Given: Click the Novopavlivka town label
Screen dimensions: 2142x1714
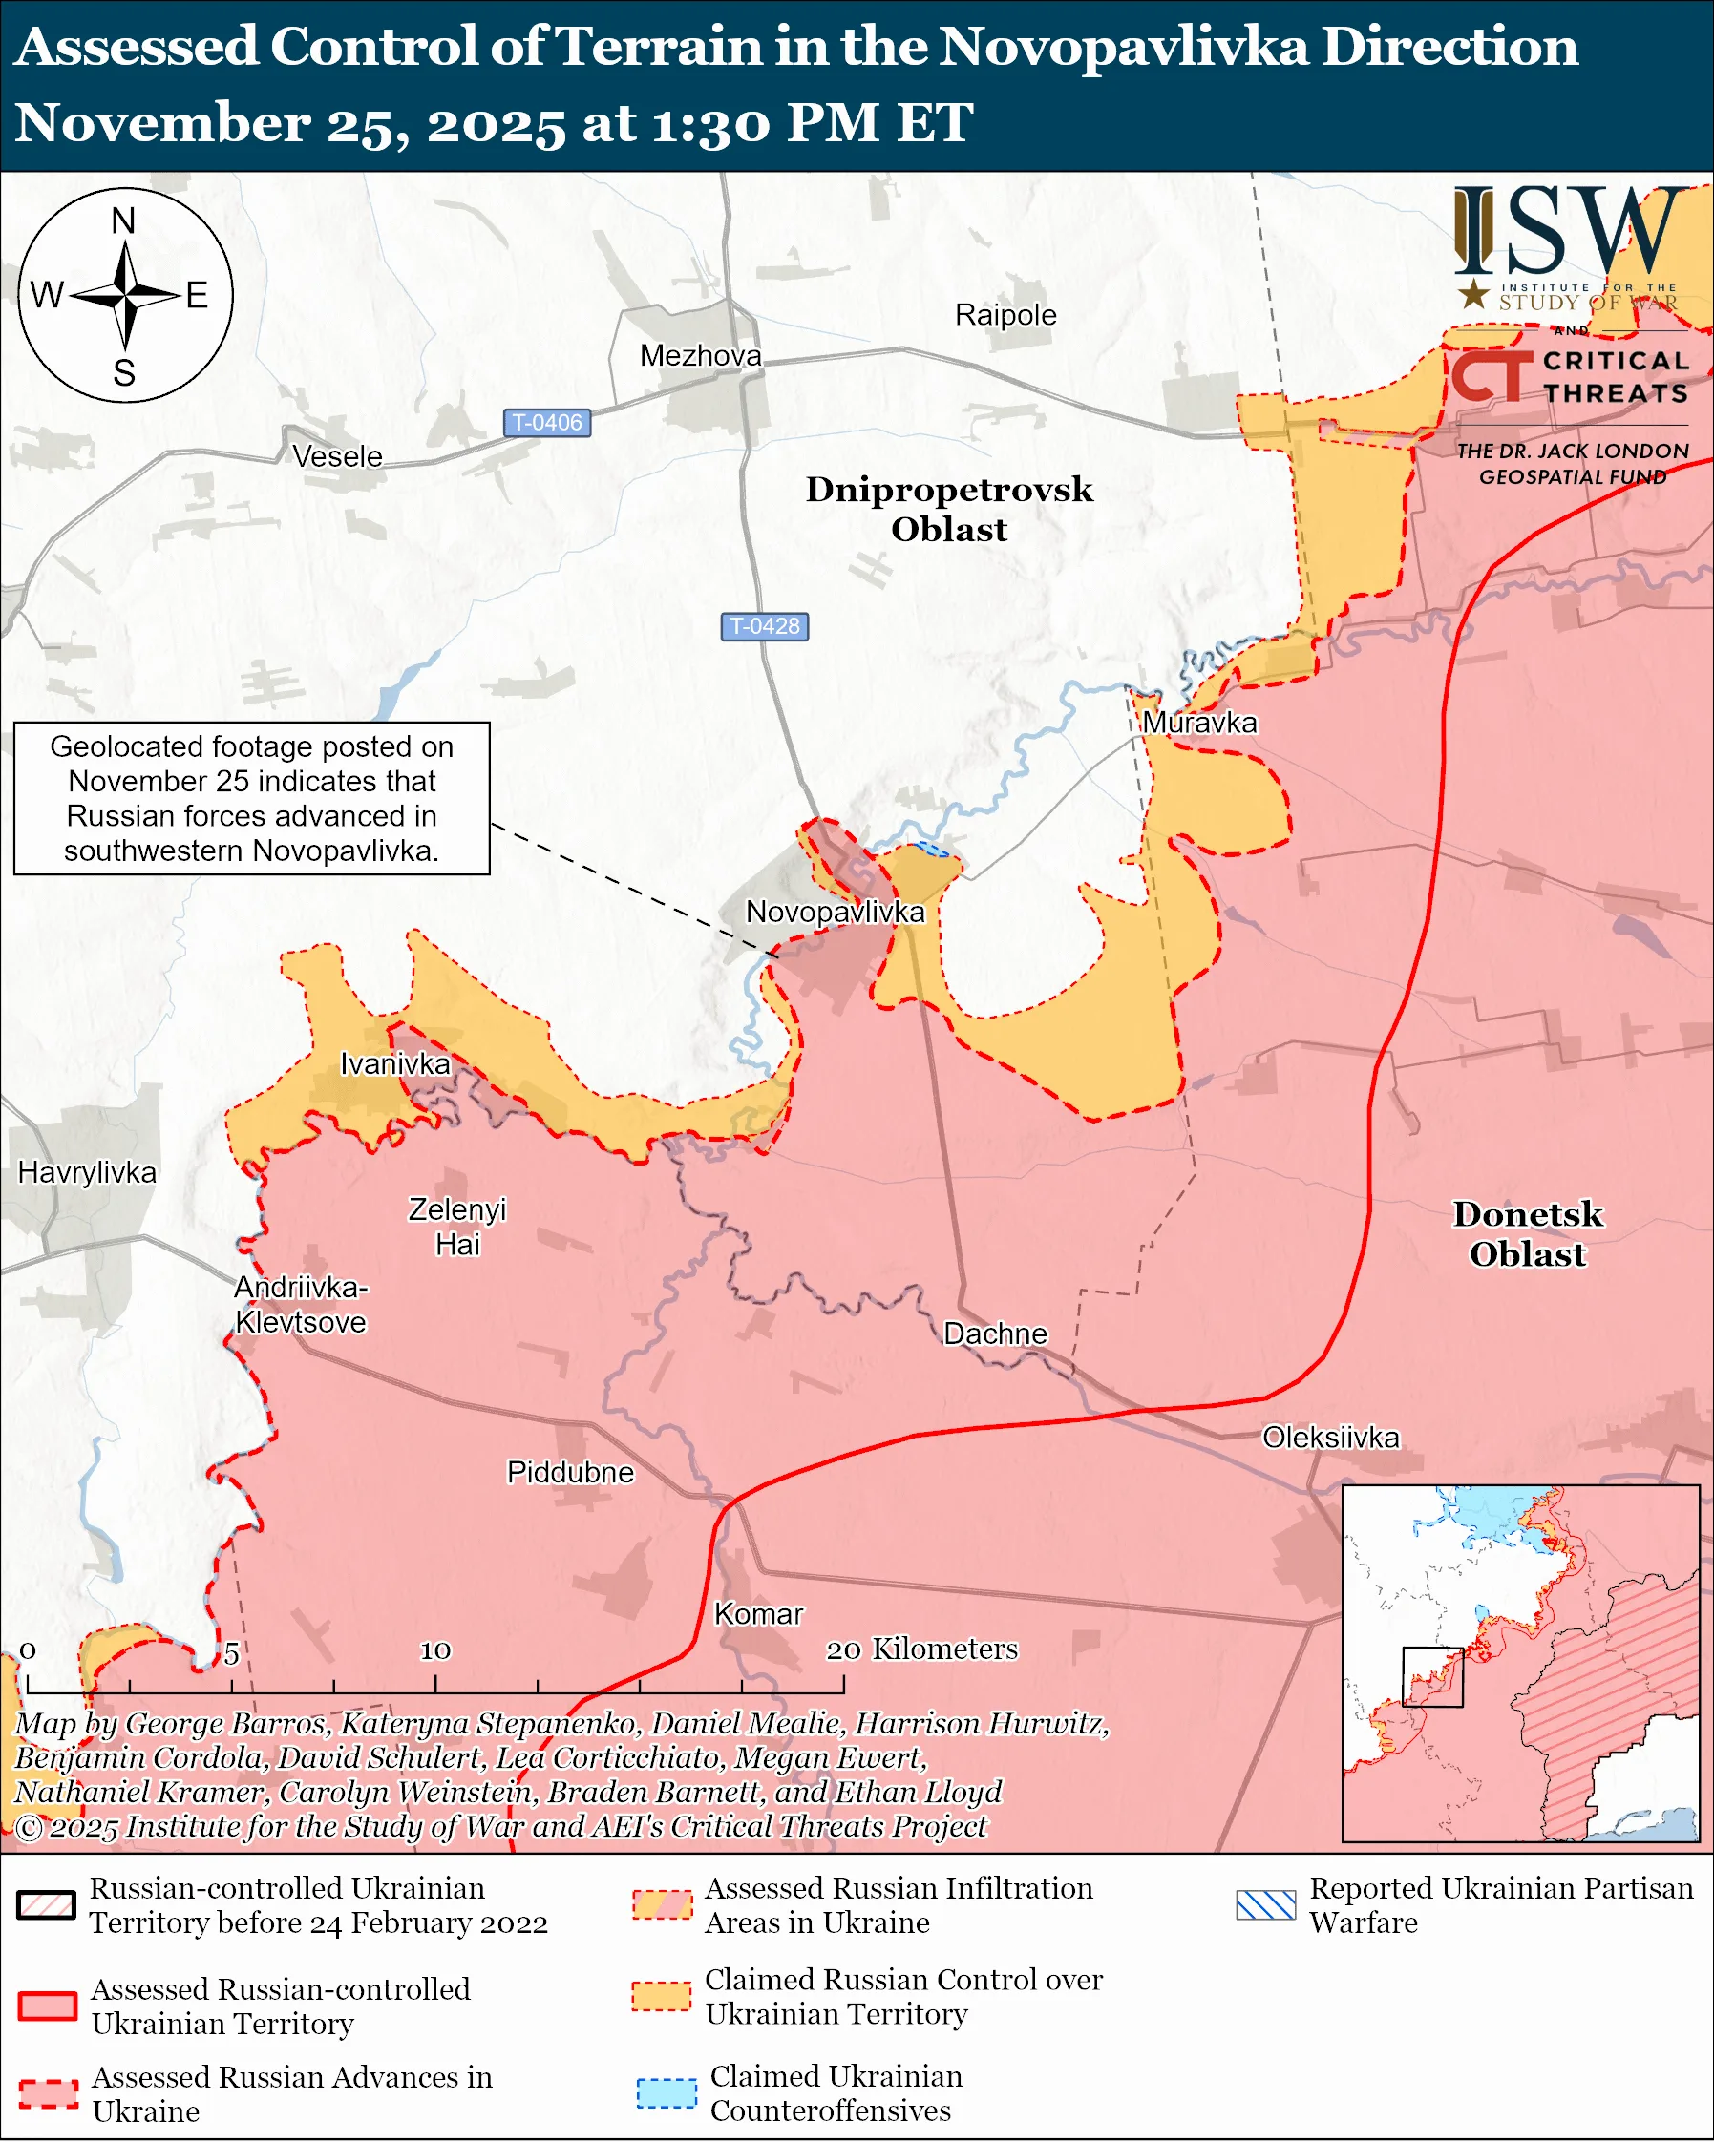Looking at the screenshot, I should (x=835, y=912).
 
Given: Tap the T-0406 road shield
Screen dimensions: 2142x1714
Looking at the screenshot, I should (x=547, y=422).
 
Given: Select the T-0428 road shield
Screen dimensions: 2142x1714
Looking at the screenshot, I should (x=764, y=626).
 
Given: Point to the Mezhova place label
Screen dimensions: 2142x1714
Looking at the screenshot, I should (x=701, y=356).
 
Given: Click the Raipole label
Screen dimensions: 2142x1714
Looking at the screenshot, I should (x=1005, y=315).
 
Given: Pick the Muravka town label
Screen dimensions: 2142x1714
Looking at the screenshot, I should (x=1199, y=723).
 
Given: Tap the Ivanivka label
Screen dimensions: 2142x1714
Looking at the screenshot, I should (x=394, y=1064).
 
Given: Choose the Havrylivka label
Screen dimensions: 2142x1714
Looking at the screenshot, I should (x=88, y=1172).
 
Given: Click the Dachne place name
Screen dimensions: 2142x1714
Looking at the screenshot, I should (x=995, y=1333).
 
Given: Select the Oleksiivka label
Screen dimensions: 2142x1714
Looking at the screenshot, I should (x=1330, y=1437).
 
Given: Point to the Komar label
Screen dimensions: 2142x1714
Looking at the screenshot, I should (x=758, y=1613).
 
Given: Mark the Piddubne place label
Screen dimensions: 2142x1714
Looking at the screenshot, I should (x=569, y=1471).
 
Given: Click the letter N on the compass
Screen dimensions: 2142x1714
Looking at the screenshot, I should (x=123, y=220).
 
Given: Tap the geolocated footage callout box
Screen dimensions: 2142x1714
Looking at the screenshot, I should (x=251, y=798).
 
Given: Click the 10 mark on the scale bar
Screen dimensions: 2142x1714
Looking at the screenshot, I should (x=435, y=1650).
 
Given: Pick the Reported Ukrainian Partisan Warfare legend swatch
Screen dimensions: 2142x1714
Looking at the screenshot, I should (x=1266, y=1904).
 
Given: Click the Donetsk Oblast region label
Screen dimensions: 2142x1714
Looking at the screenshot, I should (x=1527, y=1233).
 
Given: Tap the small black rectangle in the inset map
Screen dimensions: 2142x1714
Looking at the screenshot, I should (x=1431, y=1677).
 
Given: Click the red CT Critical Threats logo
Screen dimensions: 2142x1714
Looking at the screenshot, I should (x=1491, y=376).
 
